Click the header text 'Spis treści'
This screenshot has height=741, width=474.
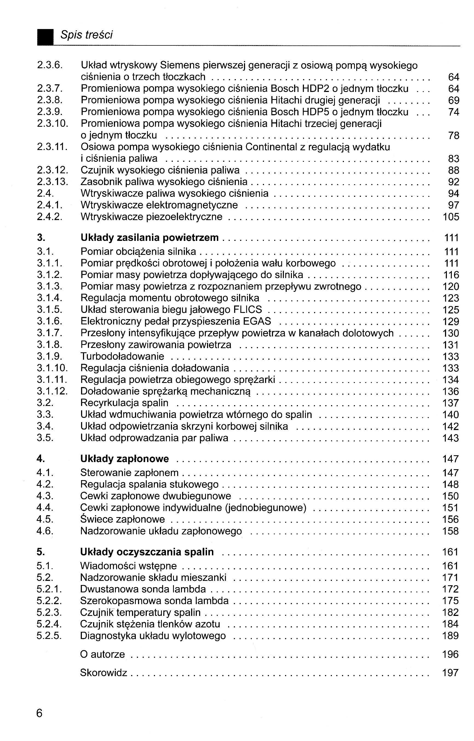tap(87, 35)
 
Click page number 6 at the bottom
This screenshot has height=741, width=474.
tap(39, 713)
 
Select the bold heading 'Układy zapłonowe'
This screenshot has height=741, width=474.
tap(124, 459)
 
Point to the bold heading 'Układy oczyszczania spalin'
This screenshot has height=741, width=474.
tap(147, 552)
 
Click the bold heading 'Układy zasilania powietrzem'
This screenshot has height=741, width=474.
tap(150, 238)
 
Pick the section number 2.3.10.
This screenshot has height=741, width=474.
tap(52, 123)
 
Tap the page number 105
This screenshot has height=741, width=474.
tap(451, 217)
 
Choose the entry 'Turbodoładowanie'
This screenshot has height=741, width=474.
tap(122, 356)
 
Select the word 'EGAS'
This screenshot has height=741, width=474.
tap(257, 321)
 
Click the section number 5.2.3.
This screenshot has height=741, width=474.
tap(49, 612)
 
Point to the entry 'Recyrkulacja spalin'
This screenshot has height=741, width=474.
tap(124, 403)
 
